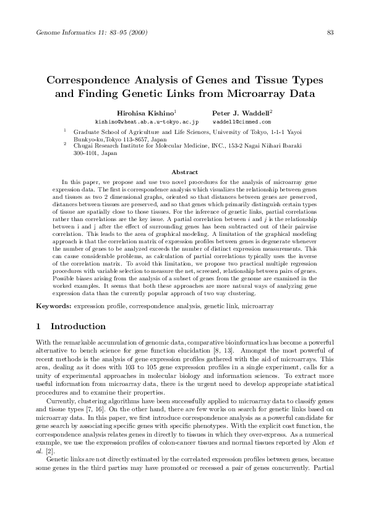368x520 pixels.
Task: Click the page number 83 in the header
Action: [x=330, y=33]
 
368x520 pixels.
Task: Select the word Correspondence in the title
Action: [x=91, y=81]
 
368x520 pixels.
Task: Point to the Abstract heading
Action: [x=184, y=172]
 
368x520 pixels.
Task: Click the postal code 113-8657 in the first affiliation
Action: [x=140, y=140]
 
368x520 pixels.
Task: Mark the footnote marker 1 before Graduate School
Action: [x=66, y=131]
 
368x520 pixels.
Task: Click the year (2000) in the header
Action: [x=136, y=33]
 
